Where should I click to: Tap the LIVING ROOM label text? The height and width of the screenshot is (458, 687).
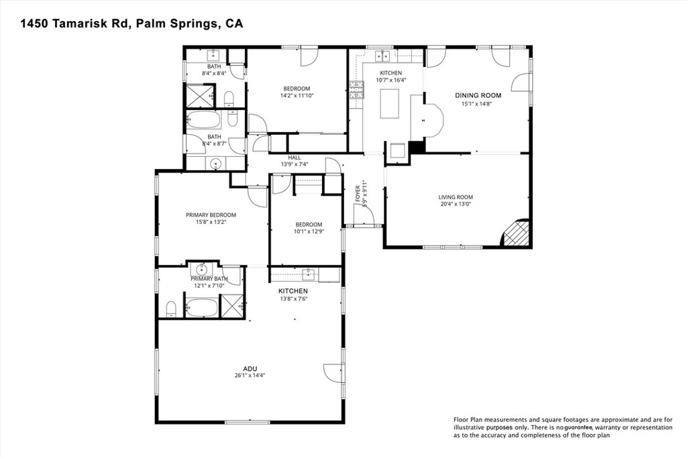click(x=456, y=197)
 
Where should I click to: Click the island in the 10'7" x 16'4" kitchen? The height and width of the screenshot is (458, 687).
click(x=389, y=103)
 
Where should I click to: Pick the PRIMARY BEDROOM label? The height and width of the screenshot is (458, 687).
click(x=211, y=215)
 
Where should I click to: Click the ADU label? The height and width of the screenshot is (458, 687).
click(x=250, y=368)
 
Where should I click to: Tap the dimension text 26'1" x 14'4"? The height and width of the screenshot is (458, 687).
click(x=250, y=376)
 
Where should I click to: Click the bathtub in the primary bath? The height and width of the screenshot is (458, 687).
click(x=201, y=307)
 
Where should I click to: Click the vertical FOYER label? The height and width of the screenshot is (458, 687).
click(x=358, y=194)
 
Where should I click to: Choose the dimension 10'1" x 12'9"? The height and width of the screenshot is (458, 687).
click(x=309, y=232)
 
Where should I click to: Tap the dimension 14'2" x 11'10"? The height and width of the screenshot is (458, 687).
click(x=296, y=96)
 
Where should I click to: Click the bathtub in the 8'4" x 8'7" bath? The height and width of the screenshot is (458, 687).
click(x=204, y=121)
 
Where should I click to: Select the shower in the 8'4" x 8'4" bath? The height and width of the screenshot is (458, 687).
click(x=198, y=95)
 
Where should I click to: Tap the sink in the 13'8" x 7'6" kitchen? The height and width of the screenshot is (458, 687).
click(x=309, y=273)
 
